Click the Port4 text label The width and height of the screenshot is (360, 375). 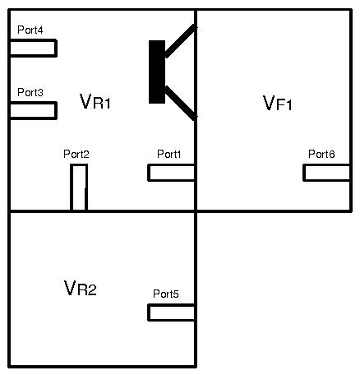[x=30, y=30]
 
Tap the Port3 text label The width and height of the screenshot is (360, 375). [x=30, y=92]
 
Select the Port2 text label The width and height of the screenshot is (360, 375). [x=76, y=154]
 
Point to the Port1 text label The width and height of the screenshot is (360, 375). [x=169, y=154]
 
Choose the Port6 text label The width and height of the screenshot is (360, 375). [x=321, y=154]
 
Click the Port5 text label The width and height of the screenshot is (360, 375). [x=166, y=294]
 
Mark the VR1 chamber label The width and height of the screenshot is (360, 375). [x=95, y=101]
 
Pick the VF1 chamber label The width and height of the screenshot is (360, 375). [x=278, y=103]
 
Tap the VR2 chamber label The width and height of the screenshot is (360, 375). [x=81, y=288]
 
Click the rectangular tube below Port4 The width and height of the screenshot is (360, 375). [x=33, y=48]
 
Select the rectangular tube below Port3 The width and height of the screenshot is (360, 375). [x=33, y=110]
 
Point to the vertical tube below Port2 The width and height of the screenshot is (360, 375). [x=79, y=187]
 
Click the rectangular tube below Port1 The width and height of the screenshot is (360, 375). [x=172, y=173]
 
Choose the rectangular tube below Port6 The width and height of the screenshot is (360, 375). [x=327, y=173]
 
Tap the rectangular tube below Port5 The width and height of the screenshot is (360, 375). [x=172, y=312]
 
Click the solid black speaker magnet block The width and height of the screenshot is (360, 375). [x=157, y=72]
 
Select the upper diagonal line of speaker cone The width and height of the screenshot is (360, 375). [x=181, y=41]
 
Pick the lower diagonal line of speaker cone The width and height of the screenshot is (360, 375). [x=181, y=103]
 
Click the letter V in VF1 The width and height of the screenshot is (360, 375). [x=269, y=103]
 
